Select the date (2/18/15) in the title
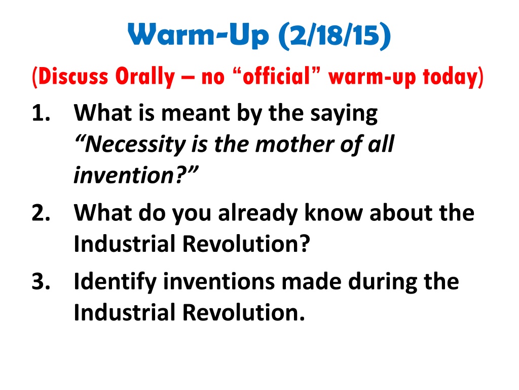tap(335, 36)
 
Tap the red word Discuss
tap(70, 77)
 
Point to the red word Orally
tap(145, 77)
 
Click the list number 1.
tap(41, 113)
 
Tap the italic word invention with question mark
tap(136, 175)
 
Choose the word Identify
tap(115, 281)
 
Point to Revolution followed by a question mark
tap(246, 243)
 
